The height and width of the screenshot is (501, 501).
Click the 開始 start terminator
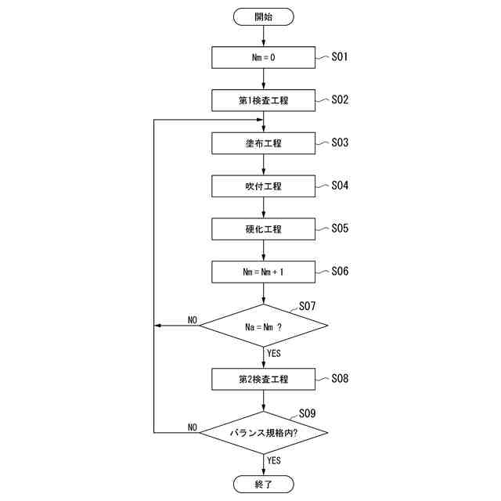(x=263, y=16)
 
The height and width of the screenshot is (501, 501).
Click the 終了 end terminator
(x=263, y=485)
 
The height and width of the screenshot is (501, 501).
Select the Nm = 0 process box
(x=263, y=58)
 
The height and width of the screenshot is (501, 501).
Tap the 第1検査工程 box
(x=263, y=101)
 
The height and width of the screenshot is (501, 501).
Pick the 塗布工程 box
(x=263, y=144)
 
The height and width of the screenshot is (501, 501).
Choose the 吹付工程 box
(x=263, y=187)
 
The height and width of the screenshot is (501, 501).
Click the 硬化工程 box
(x=263, y=230)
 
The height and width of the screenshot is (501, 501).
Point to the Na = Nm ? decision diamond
(x=263, y=326)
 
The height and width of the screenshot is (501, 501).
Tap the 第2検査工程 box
(x=263, y=380)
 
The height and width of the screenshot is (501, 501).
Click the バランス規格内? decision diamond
(x=263, y=432)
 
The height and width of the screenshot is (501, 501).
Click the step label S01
(x=340, y=57)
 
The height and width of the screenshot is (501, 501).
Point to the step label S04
(x=340, y=186)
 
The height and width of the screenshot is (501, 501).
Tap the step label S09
(x=307, y=413)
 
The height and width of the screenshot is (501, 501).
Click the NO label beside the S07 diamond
(x=193, y=320)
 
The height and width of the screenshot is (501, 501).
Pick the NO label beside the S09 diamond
(x=193, y=427)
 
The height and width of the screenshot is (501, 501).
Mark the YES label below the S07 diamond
(x=274, y=354)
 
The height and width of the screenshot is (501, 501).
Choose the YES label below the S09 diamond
(x=274, y=460)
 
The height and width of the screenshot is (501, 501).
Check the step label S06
(x=340, y=272)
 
